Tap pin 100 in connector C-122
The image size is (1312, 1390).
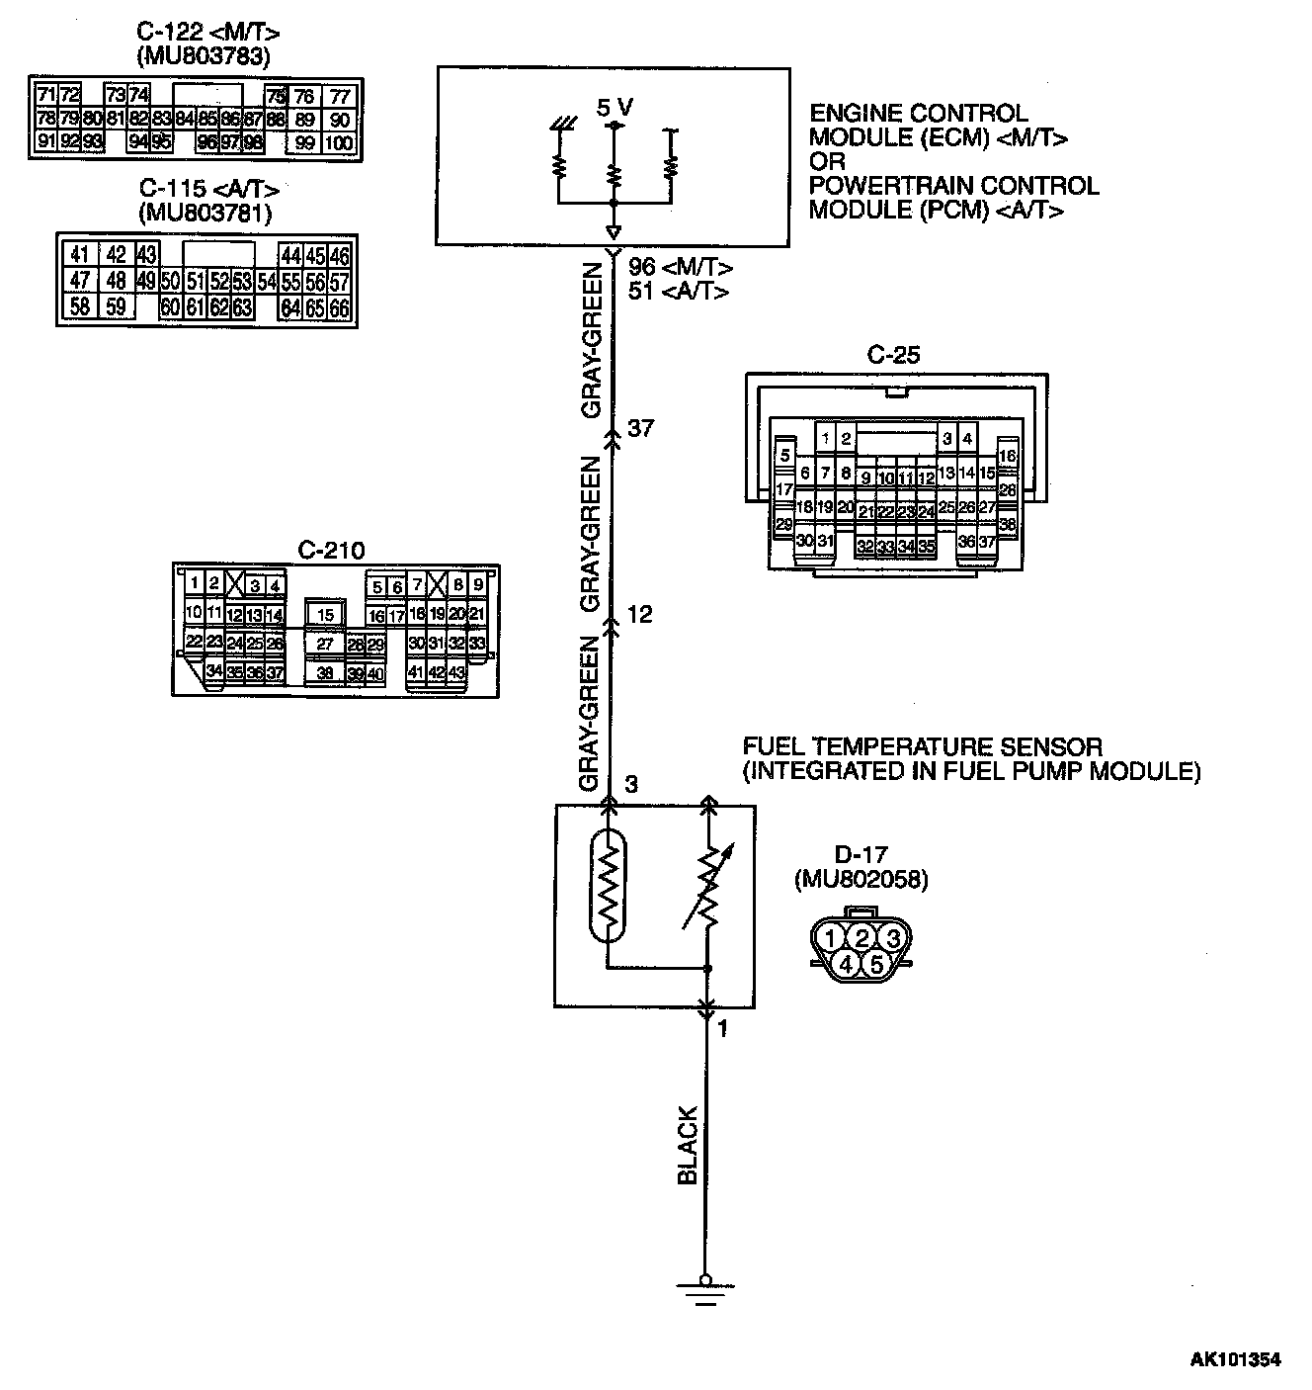click(x=339, y=142)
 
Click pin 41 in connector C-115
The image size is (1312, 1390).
click(x=79, y=255)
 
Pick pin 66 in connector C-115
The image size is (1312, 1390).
click(x=340, y=307)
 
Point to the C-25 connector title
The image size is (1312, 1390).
click(x=893, y=355)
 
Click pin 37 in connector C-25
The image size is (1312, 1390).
click(x=986, y=542)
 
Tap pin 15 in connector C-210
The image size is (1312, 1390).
click(x=325, y=615)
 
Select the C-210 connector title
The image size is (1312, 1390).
click(x=331, y=550)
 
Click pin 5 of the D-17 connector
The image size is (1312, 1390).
click(x=878, y=963)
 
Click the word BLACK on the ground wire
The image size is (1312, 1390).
click(x=688, y=1146)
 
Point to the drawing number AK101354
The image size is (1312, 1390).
click(x=1234, y=1360)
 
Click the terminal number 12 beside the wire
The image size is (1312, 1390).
click(x=640, y=615)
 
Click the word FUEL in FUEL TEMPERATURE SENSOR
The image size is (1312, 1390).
click(x=772, y=747)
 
